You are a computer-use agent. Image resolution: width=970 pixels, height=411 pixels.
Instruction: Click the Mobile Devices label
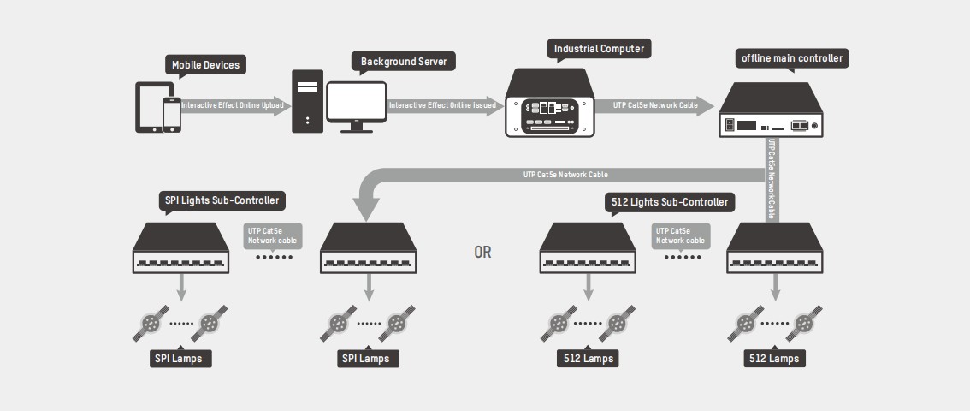click(x=205, y=65)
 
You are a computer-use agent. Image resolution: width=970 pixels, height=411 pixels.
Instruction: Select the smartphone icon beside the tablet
click(x=172, y=114)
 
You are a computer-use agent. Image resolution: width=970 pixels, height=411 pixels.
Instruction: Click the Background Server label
click(x=404, y=63)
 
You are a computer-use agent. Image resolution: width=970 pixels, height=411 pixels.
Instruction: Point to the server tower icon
click(x=306, y=102)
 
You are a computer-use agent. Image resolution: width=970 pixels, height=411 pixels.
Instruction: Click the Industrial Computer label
click(x=599, y=49)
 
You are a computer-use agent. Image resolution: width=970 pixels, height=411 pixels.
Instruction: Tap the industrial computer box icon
click(x=549, y=106)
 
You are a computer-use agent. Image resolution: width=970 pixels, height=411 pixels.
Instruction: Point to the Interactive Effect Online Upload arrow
click(x=233, y=105)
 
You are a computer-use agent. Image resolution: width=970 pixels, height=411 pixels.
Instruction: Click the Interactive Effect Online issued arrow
click(x=443, y=105)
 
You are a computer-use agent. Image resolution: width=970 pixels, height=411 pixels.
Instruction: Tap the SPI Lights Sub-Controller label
click(x=221, y=201)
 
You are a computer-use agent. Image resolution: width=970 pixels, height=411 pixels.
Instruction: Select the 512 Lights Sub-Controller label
click(x=670, y=202)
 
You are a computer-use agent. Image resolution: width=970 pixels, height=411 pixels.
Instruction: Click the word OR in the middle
click(x=482, y=253)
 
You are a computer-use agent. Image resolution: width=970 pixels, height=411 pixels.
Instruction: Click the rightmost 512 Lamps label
click(x=773, y=358)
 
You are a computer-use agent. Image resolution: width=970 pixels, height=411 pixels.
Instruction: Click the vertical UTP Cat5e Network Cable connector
click(x=772, y=180)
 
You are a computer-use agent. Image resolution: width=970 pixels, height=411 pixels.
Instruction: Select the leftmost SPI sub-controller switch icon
click(x=181, y=249)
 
